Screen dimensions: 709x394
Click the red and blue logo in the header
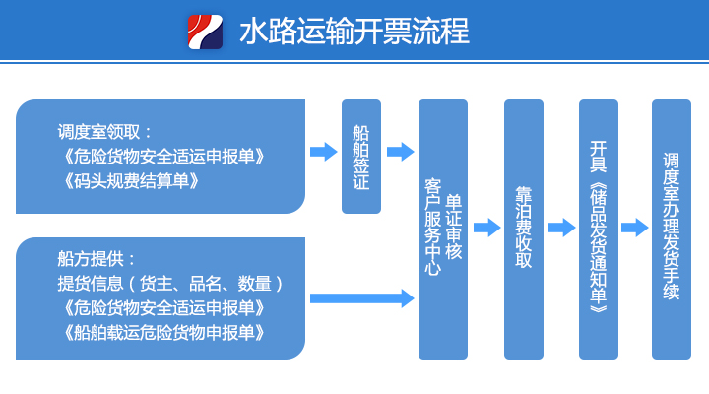point(205,32)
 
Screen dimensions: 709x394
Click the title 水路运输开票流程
point(354,32)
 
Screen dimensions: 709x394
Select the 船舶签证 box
point(361,157)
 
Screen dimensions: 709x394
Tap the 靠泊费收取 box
point(524,230)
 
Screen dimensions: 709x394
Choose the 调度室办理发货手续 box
point(672,230)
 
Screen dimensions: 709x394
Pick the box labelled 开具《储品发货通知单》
point(599,230)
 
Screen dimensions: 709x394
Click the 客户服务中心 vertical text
point(432,228)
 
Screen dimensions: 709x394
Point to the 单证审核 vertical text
point(454,228)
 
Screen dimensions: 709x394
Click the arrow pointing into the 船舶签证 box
point(324,152)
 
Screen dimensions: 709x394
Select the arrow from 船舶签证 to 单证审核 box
point(401,152)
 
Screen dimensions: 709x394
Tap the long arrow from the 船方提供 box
point(362,298)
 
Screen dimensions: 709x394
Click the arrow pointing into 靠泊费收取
point(487,228)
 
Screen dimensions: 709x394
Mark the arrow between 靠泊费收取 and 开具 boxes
point(562,228)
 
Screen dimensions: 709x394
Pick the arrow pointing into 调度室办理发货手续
point(635,228)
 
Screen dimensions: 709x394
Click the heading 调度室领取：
point(104,132)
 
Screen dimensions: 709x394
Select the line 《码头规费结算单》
point(131,181)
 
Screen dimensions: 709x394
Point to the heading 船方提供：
point(97,259)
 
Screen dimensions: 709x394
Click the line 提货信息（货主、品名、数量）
point(170,284)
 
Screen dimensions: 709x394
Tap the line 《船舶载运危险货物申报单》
point(163,333)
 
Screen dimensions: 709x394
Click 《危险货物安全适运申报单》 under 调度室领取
point(163,157)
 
